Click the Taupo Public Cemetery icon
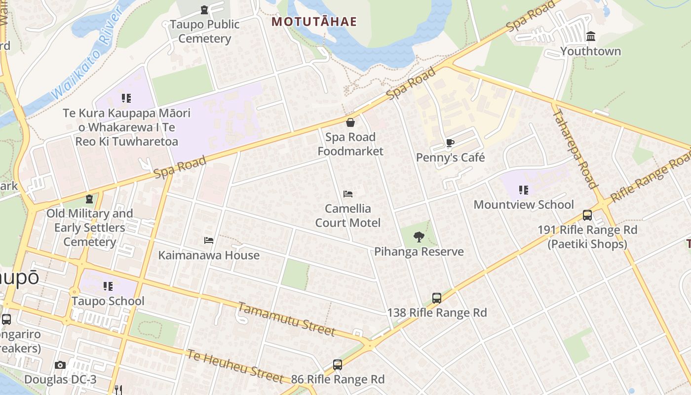coord(204,10)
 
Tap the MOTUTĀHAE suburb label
coord(314,22)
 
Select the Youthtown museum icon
coord(590,37)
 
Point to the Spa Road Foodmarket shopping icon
coord(350,122)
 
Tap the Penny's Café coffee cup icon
coord(450,143)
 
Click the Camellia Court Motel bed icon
coord(348,194)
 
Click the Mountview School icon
coord(524,190)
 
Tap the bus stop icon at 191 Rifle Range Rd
coord(587,215)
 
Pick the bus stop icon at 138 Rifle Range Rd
coord(437,298)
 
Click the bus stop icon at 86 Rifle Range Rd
coord(338,365)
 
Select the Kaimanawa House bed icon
coord(209,241)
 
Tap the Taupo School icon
coord(108,286)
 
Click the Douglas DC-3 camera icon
coord(60,365)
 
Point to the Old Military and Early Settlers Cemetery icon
coord(89,199)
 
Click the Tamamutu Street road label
coord(286,319)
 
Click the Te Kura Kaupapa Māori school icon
coord(126,98)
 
